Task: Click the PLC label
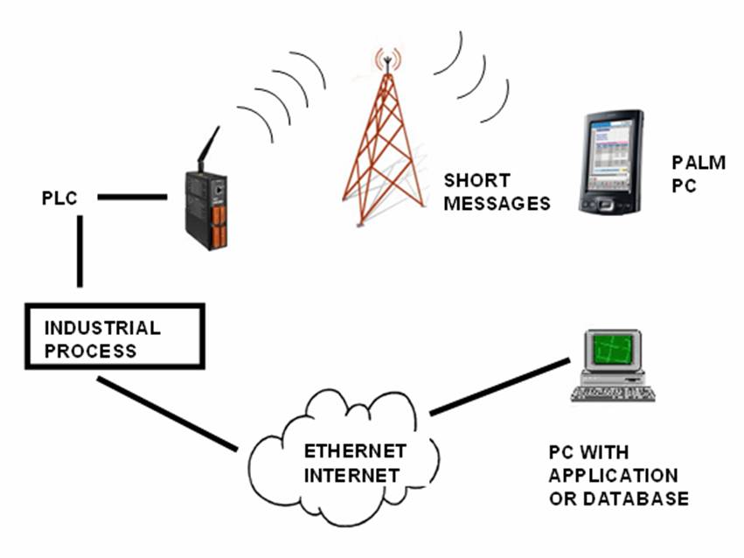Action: pyautogui.click(x=59, y=198)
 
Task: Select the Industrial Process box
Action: pyautogui.click(x=115, y=337)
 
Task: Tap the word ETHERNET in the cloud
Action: pyautogui.click(x=355, y=451)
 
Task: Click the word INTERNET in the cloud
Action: pyautogui.click(x=351, y=475)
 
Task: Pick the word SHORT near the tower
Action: pyautogui.click(x=477, y=181)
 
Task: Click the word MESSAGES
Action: pyautogui.click(x=497, y=204)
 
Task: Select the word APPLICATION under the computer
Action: pyautogui.click(x=613, y=476)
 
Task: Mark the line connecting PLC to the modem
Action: pyautogui.click(x=132, y=197)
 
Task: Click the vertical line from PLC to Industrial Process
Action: pyautogui.click(x=80, y=251)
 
